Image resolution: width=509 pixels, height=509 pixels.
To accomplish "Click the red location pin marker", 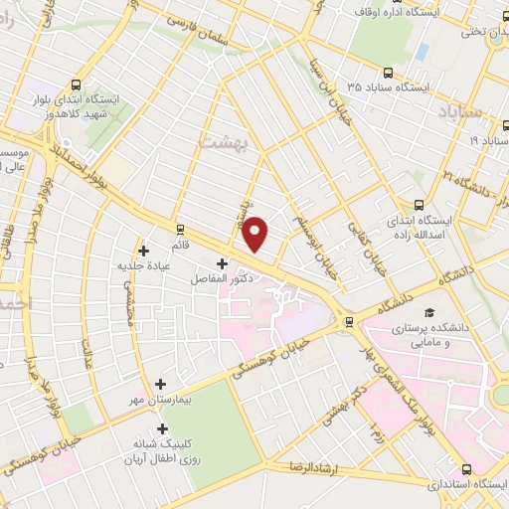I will (256, 234).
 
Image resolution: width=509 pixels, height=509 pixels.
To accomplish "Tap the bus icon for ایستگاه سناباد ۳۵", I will (388, 72).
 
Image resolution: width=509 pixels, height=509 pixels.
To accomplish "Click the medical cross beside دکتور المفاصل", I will (222, 263).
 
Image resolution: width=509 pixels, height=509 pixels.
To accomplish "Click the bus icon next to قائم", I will (180, 228).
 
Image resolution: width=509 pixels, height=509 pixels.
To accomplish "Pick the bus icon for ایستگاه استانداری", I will (468, 468).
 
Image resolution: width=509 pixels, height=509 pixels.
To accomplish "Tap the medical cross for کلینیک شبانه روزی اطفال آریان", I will (162, 428).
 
